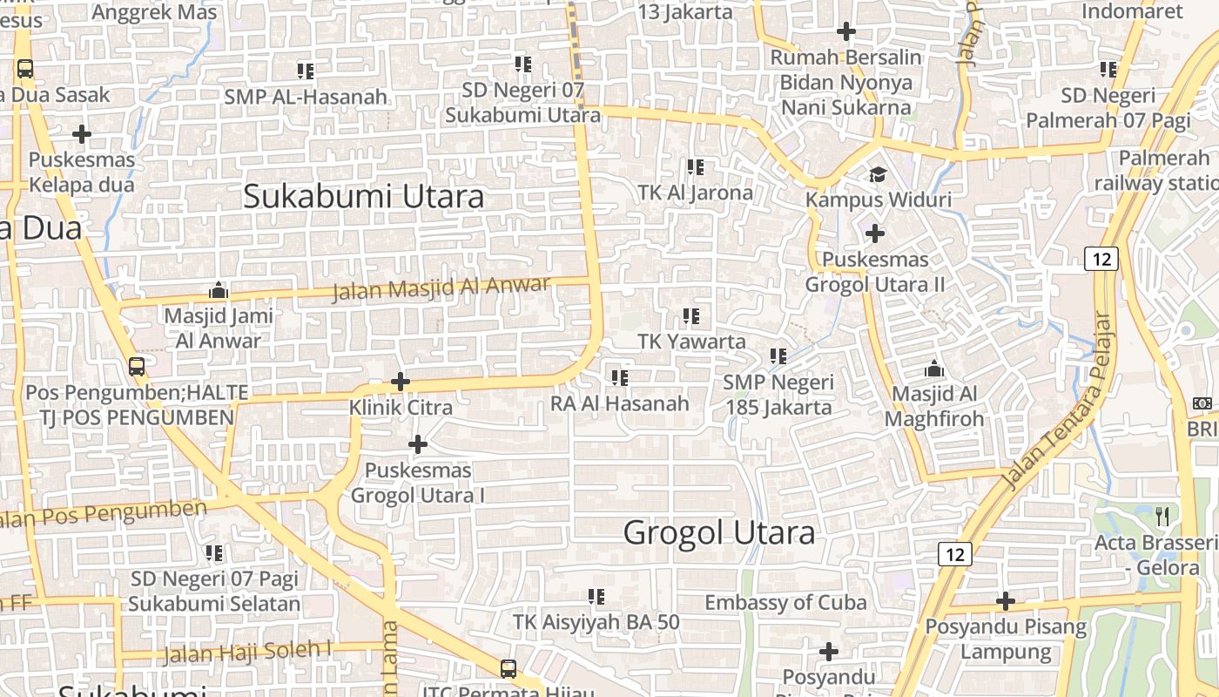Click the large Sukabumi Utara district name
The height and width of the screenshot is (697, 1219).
pos(363,196)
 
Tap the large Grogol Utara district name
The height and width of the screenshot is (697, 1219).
pos(719,532)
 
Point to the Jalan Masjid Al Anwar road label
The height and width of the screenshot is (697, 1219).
pos(441,287)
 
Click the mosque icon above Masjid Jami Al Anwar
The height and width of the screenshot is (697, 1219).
pos(219,290)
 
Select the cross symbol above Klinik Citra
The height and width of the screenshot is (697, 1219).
pos(400,382)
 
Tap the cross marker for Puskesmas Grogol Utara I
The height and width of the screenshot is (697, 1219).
pos(418,444)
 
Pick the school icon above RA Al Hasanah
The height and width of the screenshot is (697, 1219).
pos(620,378)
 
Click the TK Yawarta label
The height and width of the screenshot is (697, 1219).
pos(691,342)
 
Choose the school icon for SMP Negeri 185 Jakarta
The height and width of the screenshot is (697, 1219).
pos(778,355)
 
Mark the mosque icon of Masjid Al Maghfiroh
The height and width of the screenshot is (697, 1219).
pos(934,369)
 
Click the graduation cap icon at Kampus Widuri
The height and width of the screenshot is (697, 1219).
pos(877,174)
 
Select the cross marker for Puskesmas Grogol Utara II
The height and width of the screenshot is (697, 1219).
pos(875,233)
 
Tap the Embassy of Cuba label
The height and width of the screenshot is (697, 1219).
pos(785,602)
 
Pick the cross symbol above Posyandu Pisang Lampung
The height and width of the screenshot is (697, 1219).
pos(1006,601)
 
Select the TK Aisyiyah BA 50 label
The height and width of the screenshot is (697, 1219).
pos(596,622)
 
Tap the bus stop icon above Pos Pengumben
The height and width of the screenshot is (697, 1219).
pos(137,367)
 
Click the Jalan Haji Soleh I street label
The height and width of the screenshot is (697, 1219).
pos(248,651)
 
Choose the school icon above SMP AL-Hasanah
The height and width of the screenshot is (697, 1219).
pos(305,71)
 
